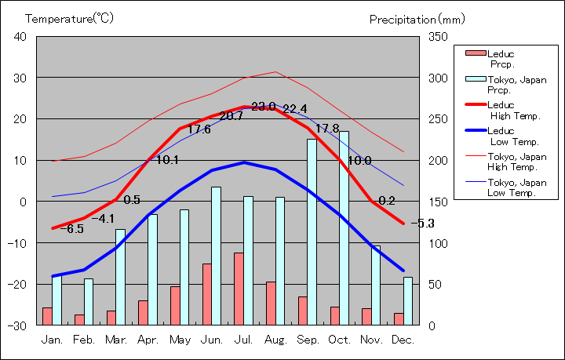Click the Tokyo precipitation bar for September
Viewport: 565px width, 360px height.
pyautogui.click(x=312, y=231)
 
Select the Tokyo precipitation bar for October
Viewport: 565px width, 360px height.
pyautogui.click(x=344, y=227)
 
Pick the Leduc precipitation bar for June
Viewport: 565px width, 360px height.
pyautogui.click(x=206, y=293)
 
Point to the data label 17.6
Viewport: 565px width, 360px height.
pyautogui.click(x=199, y=129)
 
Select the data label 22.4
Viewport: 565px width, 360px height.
pyautogui.click(x=294, y=109)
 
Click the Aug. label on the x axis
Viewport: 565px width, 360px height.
pyautogui.click(x=275, y=340)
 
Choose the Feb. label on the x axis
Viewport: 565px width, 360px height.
pyautogui.click(x=84, y=340)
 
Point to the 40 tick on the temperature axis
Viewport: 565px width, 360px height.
pyautogui.click(x=20, y=37)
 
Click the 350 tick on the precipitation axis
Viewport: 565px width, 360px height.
pyautogui.click(x=438, y=37)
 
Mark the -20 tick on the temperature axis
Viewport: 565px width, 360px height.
pyautogui.click(x=17, y=284)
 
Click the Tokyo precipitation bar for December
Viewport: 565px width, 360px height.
pyautogui.click(x=407, y=300)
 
